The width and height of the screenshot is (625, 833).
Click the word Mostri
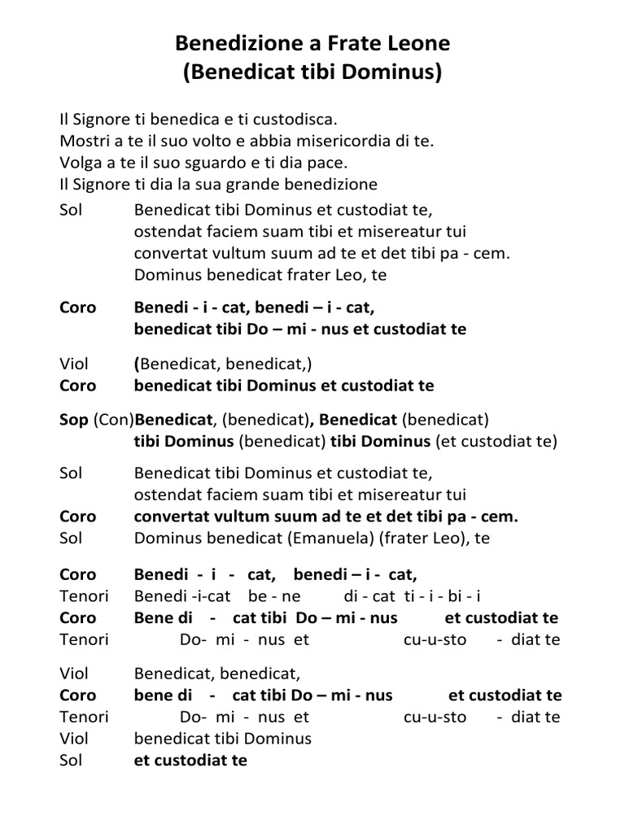(83, 140)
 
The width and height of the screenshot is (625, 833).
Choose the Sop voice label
(74, 420)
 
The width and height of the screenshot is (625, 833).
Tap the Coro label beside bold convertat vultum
(77, 517)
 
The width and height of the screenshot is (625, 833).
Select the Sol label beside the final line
(72, 761)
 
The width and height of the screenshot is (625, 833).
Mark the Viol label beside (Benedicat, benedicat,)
(74, 364)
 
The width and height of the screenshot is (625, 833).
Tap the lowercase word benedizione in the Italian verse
(335, 184)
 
